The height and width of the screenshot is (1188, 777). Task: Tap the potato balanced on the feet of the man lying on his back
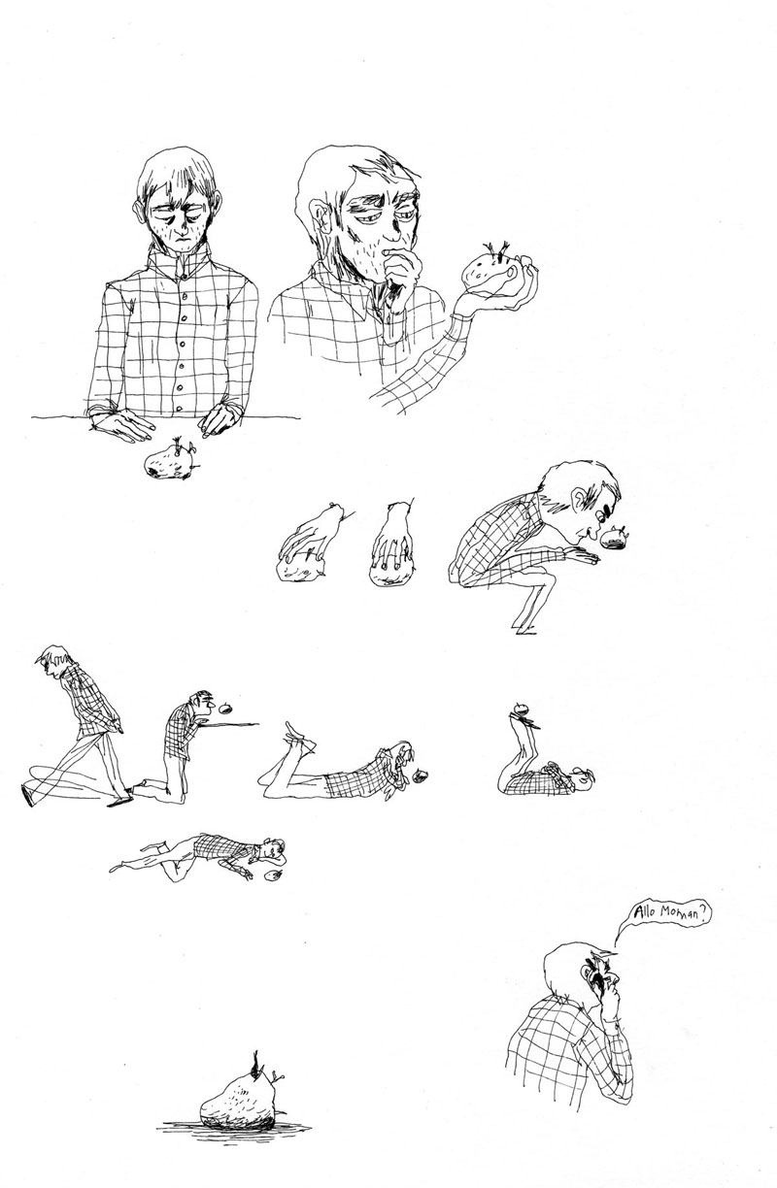[523, 708]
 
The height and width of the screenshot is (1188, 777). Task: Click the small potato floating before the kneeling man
[225, 708]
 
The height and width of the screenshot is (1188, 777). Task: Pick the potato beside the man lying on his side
[273, 875]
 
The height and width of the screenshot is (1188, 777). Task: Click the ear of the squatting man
[579, 498]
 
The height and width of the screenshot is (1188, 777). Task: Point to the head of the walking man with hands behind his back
[54, 660]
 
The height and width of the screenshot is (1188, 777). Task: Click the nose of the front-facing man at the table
[184, 228]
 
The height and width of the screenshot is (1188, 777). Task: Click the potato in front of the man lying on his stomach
[421, 776]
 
